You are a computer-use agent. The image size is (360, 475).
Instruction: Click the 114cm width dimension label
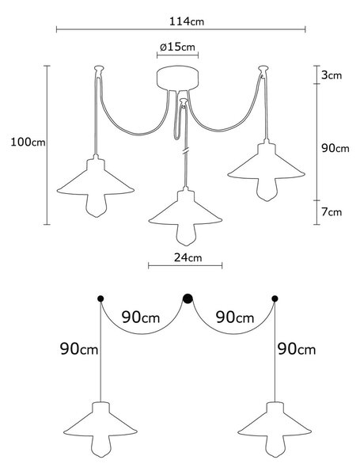tap(187, 21)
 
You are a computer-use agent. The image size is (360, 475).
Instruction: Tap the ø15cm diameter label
tap(177, 47)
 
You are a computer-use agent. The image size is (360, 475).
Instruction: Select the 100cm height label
tap(28, 142)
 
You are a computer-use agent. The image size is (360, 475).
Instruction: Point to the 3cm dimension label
tap(332, 75)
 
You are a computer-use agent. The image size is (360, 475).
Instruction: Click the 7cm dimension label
tap(332, 212)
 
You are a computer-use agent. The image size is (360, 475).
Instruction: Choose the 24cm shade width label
tap(188, 257)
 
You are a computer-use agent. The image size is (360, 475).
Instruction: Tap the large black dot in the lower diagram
tap(188, 298)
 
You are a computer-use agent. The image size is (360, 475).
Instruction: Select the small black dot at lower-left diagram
tap(100, 299)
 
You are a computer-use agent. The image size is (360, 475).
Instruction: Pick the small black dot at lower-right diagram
tap(275, 299)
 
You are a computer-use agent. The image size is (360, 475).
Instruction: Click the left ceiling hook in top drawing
tap(99, 70)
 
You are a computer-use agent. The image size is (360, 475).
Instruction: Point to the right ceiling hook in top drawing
tap(263, 70)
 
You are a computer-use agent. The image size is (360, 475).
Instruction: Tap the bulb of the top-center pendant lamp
tap(185, 234)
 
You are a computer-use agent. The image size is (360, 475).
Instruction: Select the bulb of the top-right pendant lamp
tap(267, 189)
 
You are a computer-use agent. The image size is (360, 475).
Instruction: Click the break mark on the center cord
tap(185, 150)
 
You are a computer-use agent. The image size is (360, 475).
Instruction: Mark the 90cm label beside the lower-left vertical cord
tap(79, 349)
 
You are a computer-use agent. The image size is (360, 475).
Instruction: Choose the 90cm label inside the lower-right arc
tap(235, 317)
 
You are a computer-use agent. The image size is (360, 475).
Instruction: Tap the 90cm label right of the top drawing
tap(335, 149)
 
